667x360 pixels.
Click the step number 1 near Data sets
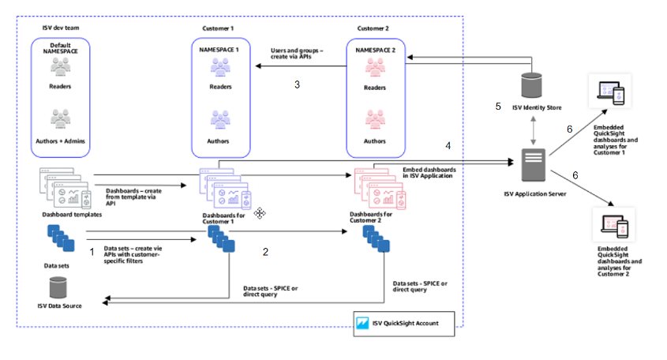pyautogui.click(x=92, y=251)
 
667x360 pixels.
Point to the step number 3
pyautogui.click(x=296, y=84)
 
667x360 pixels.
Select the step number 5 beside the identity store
pyautogui.click(x=497, y=106)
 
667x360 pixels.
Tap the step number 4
pyautogui.click(x=448, y=146)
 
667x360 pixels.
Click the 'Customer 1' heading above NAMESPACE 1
pyautogui.click(x=220, y=28)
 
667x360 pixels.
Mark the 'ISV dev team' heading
pyautogui.click(x=65, y=28)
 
